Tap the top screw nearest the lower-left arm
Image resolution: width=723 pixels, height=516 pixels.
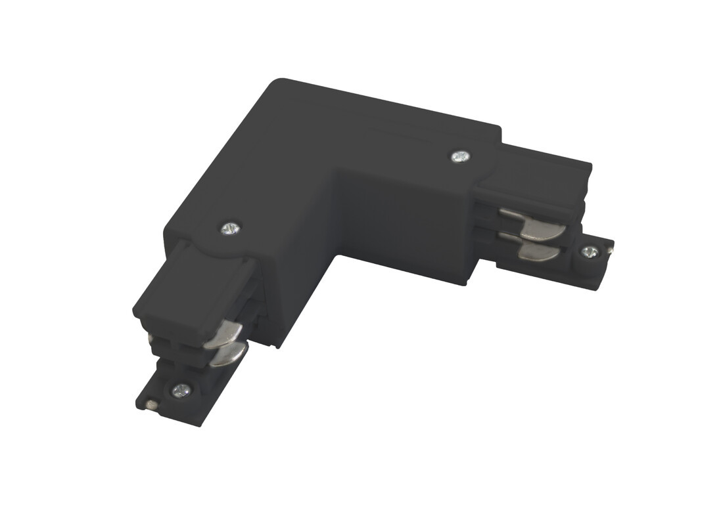pos(229,228)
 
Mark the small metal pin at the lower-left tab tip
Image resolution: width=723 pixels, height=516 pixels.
pos(152,404)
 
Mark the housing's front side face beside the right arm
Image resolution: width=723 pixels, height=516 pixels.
pos(404,217)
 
